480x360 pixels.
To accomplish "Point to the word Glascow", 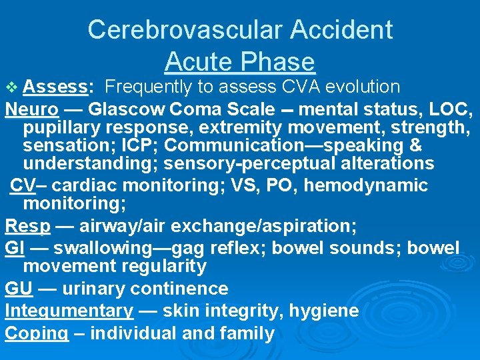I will point(127,108).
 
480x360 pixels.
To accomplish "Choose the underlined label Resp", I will point(27,227).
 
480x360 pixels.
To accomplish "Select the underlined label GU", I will point(18,289).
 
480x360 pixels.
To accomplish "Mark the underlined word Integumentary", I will point(69,311).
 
